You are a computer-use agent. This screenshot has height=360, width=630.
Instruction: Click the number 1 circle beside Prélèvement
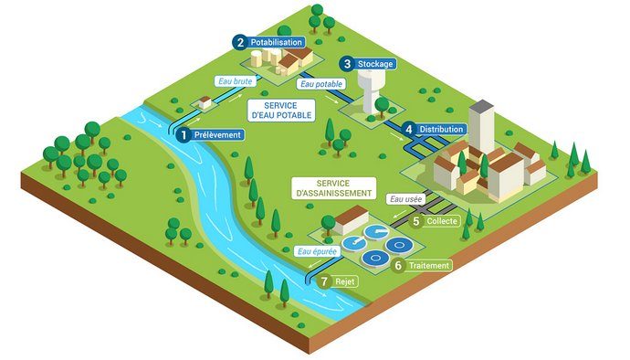coord(184,135)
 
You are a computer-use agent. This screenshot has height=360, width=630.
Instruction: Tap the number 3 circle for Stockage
coord(347,64)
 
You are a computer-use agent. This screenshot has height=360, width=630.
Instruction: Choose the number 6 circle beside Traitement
coord(398,266)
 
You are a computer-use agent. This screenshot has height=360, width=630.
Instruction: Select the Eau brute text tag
coord(234,82)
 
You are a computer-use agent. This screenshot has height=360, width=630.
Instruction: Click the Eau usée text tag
coord(405,197)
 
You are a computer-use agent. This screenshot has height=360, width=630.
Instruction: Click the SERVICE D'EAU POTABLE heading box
coord(280,111)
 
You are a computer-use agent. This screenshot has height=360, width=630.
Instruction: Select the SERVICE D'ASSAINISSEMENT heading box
coord(334,187)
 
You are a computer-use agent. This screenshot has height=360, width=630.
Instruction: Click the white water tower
coord(372,91)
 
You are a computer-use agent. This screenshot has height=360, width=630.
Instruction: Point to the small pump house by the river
coord(198,104)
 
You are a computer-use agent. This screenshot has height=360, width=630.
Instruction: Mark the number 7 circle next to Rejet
coord(324,282)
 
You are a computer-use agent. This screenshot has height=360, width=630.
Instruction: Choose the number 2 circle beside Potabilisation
coord(239,42)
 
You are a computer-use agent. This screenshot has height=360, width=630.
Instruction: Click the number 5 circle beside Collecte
coord(416,221)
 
